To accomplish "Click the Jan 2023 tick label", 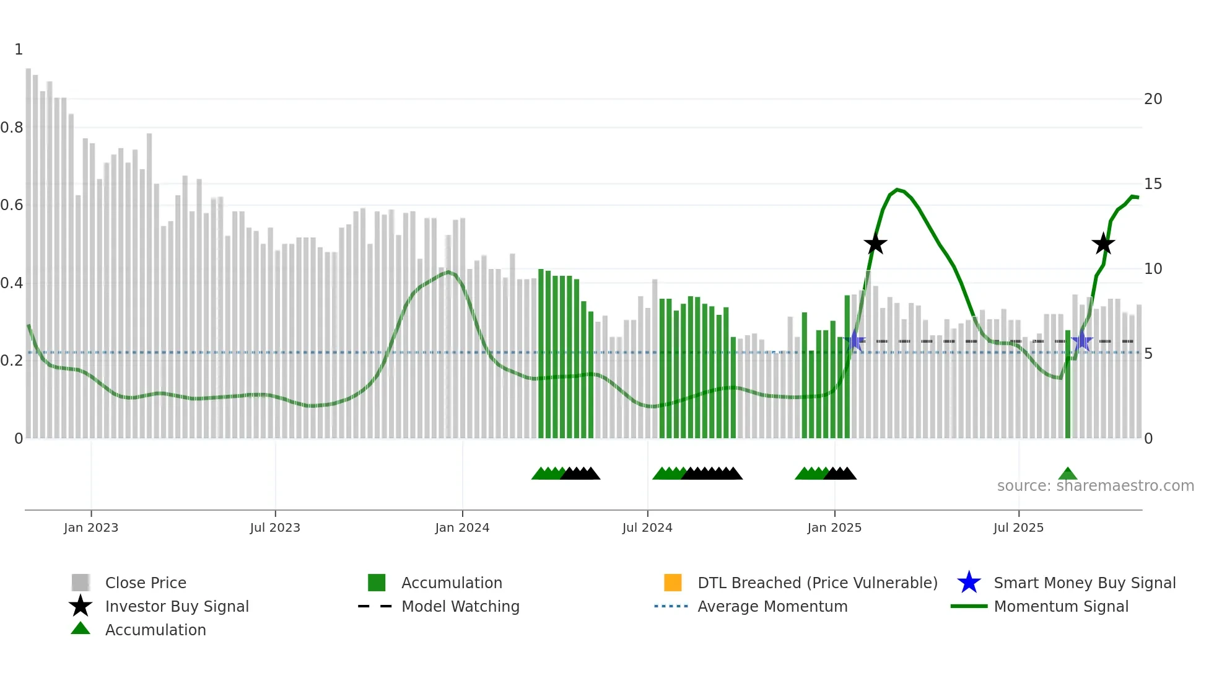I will [90, 527].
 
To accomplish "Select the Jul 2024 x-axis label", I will [647, 527].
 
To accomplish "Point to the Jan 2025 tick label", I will [834, 527].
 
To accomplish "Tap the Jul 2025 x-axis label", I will [1018, 527].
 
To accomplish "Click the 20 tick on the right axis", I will [1153, 99].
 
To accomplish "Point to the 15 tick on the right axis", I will [1153, 184].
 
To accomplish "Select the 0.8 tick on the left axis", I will [12, 128].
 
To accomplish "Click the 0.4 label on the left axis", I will [12, 283].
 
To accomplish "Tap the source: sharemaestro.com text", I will [1095, 486].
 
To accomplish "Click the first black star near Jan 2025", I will [875, 244].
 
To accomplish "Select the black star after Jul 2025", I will [1103, 244].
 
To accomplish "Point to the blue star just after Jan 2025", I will [855, 341].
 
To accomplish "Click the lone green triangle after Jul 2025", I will [1068, 474].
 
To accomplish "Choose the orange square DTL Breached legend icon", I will [673, 583].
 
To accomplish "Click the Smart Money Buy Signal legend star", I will [969, 583].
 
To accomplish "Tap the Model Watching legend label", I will [460, 606].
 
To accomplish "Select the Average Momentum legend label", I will [772, 606].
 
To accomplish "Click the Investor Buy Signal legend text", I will [177, 606].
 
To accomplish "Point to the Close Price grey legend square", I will [81, 583].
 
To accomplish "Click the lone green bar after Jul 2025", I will [1068, 384].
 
